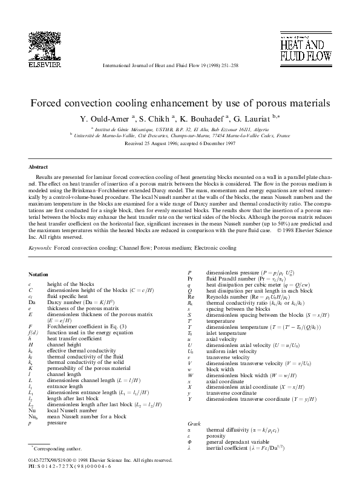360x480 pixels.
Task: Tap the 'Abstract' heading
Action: pos(39,166)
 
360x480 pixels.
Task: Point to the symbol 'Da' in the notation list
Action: pos(32,300)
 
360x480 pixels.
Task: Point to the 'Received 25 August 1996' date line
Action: pos(180,145)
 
